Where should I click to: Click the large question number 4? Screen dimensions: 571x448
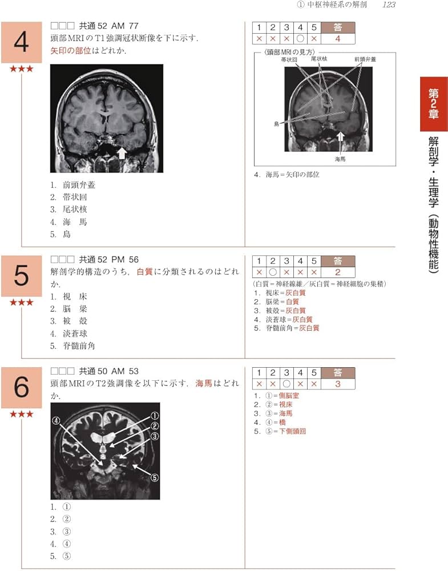coord(21,42)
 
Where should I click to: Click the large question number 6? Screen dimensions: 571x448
coord(21,388)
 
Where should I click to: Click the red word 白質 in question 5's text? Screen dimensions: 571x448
coord(145,272)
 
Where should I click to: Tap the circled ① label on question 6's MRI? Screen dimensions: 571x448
coord(154,416)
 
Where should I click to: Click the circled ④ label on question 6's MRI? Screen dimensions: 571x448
coord(56,421)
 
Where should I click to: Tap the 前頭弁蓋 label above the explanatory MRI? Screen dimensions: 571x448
coord(365,59)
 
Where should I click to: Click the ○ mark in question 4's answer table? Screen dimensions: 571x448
coord(300,38)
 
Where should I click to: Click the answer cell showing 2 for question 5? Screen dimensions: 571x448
coord(337,272)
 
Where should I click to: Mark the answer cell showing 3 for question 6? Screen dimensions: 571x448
coord(337,384)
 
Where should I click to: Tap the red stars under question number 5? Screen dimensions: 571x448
coord(21,302)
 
